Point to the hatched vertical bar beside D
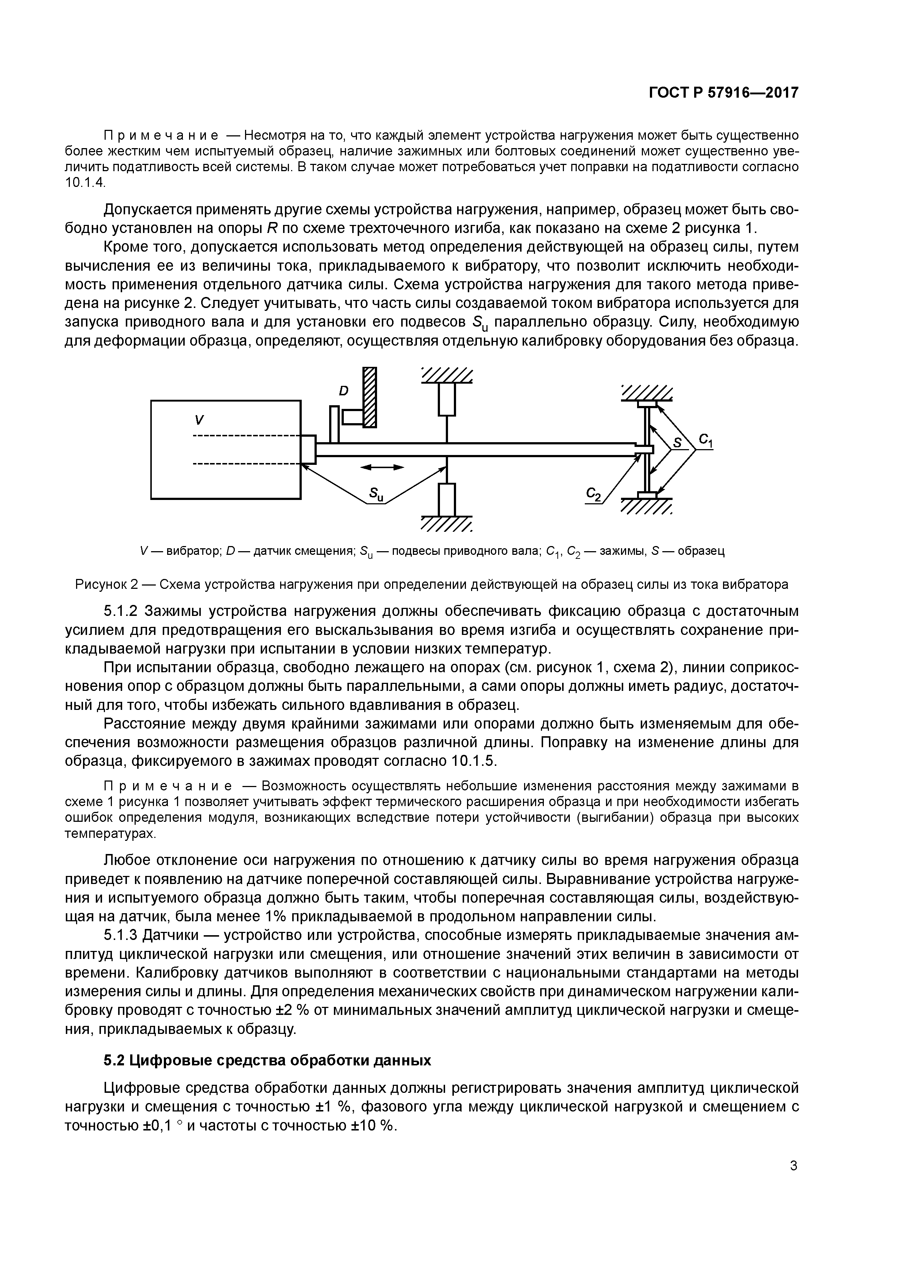(x=369, y=397)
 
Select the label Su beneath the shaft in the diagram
(x=376, y=493)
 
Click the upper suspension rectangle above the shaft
(x=447, y=399)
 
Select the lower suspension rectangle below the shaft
(x=447, y=499)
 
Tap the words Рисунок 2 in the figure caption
(x=106, y=584)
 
